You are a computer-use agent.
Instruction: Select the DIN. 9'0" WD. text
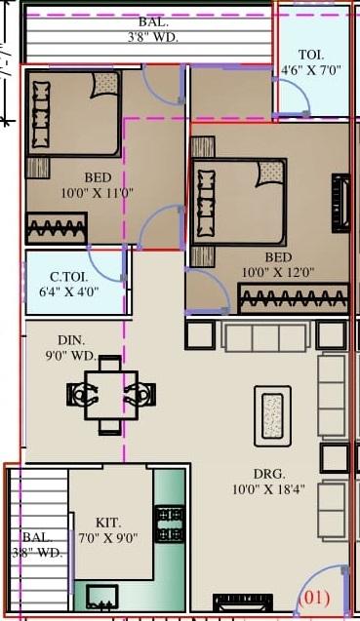72,348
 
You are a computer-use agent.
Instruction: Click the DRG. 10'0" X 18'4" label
269,482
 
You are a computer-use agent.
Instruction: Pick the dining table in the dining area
110,395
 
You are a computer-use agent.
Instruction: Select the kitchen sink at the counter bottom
101,595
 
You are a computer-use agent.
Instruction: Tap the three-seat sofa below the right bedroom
264,336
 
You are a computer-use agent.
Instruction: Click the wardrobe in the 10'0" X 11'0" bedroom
56,229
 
